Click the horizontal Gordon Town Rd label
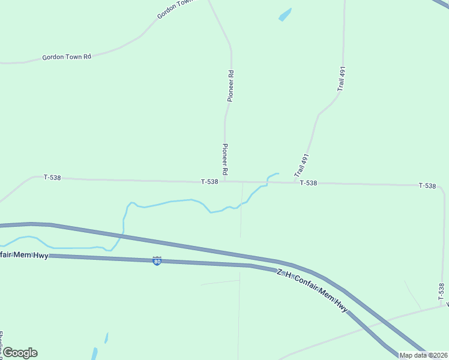point(67,57)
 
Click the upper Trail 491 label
point(342,79)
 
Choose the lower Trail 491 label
point(301,165)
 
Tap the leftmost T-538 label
point(52,178)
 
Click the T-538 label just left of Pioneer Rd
point(209,181)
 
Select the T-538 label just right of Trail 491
point(308,183)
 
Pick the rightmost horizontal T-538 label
point(427,185)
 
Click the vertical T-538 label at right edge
point(441,292)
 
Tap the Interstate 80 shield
point(157,261)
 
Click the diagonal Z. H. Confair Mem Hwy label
point(312,290)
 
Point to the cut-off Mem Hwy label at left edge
point(24,255)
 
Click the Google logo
point(20,353)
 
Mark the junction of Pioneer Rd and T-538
point(225,181)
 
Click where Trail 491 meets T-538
point(294,182)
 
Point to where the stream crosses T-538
point(267,182)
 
